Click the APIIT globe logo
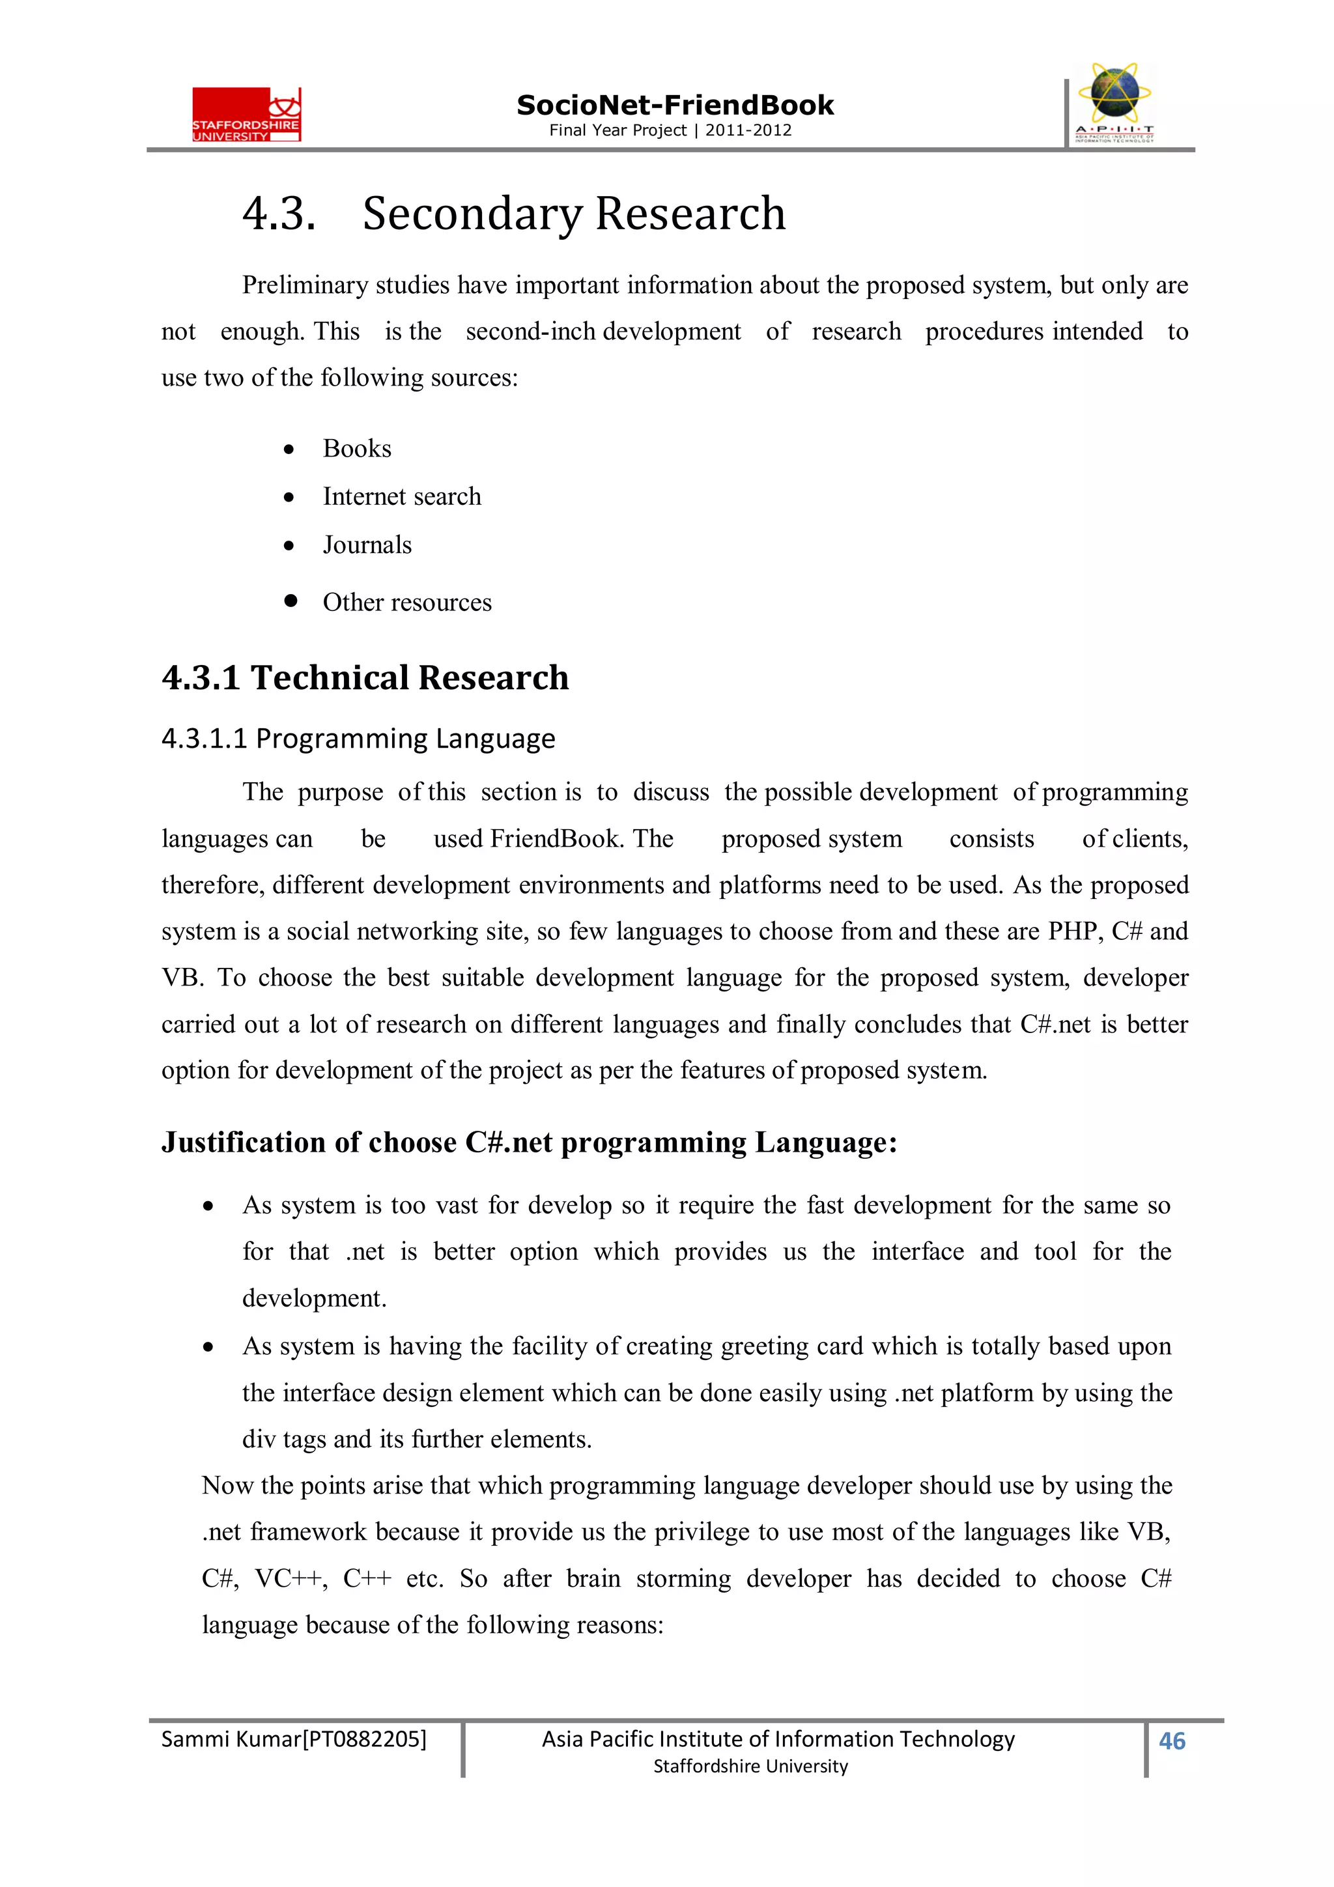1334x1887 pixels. point(1114,102)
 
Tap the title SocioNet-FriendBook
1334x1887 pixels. point(675,106)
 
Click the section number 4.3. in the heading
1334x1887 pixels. point(279,214)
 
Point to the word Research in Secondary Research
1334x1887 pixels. point(690,214)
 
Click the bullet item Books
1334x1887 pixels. point(357,449)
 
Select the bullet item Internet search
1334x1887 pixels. point(401,496)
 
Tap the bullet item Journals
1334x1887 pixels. point(367,545)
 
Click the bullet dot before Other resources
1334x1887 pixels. point(290,601)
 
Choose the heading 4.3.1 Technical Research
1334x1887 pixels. point(365,678)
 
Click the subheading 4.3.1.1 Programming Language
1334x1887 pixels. point(358,739)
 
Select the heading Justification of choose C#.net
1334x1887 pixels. point(528,1142)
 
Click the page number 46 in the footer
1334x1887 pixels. point(1171,1740)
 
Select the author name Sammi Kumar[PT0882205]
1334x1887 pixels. point(293,1739)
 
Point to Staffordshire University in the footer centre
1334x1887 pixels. point(750,1766)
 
